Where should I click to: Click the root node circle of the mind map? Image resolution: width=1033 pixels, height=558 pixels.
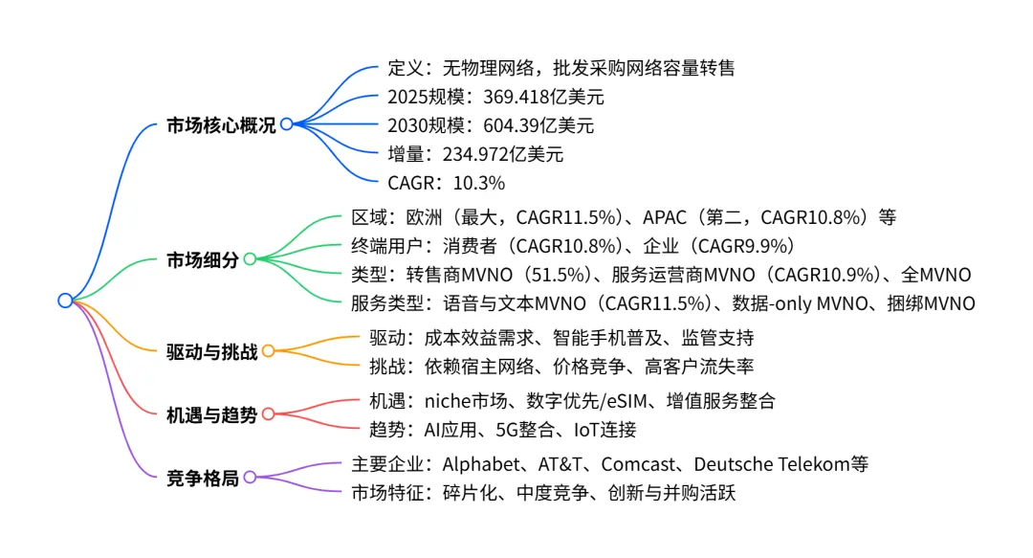(65, 301)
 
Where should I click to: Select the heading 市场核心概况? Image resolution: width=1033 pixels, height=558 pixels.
(220, 125)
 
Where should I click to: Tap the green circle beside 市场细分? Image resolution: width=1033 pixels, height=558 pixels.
(250, 258)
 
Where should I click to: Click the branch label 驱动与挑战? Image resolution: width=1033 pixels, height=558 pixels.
(211, 351)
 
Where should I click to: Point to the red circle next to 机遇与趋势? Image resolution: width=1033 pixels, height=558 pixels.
(269, 414)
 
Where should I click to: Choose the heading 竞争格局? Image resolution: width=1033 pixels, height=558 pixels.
(202, 478)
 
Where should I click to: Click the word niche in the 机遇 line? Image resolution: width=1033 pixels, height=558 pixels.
(446, 401)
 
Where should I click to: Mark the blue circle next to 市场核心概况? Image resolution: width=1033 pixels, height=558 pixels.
(286, 124)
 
